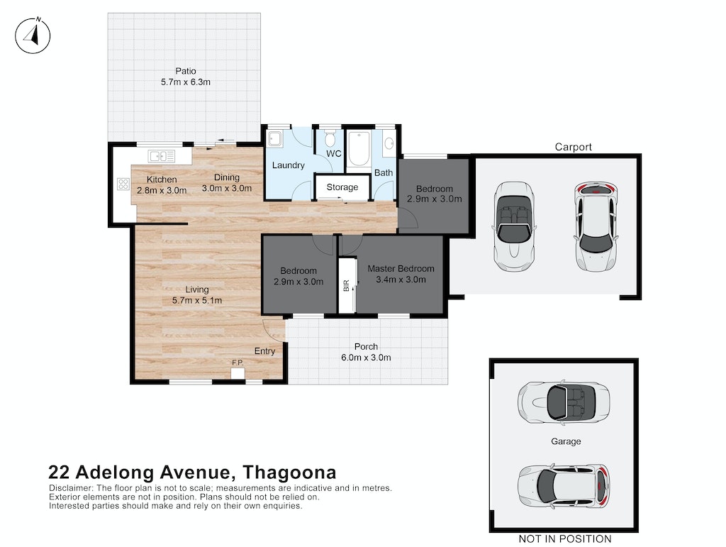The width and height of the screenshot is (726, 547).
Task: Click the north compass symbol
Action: click(33, 35)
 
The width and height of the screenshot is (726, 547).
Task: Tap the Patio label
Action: click(186, 71)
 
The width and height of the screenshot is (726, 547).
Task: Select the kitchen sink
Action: click(161, 156)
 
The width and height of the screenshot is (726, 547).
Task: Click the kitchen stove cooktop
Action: click(123, 184)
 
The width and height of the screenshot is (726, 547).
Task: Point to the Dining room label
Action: click(227, 177)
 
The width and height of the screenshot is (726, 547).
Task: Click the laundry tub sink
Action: click(275, 139)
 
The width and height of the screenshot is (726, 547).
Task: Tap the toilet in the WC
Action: click(330, 138)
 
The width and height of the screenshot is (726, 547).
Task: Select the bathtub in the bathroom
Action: click(359, 149)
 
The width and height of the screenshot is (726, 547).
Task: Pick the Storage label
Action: click(342, 187)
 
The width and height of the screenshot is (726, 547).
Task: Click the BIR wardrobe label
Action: click(346, 285)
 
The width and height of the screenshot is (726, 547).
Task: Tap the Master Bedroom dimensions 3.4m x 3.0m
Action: click(401, 280)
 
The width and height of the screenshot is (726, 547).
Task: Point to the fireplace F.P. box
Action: click(238, 373)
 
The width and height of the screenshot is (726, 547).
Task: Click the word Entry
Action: click(265, 351)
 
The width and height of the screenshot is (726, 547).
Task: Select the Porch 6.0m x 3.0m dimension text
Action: click(366, 358)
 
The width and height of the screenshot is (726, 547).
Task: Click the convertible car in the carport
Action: click(514, 226)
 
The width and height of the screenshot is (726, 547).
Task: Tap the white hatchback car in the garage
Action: click(564, 485)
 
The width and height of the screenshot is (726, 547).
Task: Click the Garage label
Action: click(566, 441)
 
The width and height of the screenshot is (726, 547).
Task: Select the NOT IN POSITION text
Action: click(565, 539)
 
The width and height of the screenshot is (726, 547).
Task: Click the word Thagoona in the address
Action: click(290, 473)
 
